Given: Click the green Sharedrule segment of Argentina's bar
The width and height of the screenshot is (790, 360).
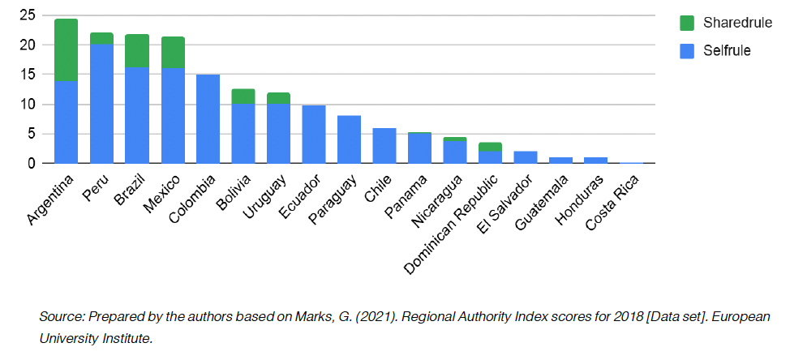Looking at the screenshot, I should (x=66, y=49).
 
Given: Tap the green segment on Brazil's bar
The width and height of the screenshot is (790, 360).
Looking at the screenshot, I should (x=137, y=50).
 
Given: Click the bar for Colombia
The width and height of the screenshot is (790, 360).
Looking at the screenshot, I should (x=208, y=118).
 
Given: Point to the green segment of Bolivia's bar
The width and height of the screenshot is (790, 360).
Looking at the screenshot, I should (x=243, y=96).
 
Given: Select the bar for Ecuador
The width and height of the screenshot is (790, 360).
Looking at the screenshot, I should (x=314, y=134).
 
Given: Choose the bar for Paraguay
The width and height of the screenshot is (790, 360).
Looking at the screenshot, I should (x=349, y=139).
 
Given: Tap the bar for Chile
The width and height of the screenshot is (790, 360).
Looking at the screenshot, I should (x=384, y=145).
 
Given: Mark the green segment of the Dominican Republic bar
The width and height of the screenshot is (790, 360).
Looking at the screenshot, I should (x=491, y=147).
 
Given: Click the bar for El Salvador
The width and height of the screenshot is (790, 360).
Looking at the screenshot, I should (x=526, y=157).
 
